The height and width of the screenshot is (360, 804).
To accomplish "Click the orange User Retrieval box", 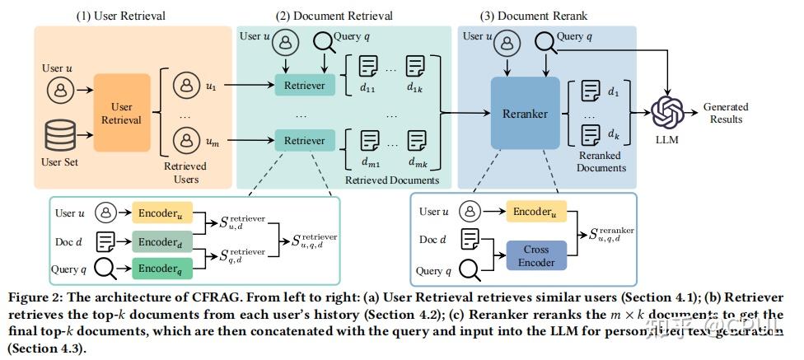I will click(122, 112).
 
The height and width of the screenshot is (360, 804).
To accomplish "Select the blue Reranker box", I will click(525, 114).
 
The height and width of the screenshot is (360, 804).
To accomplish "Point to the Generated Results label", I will click(726, 113).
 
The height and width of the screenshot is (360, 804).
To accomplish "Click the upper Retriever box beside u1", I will click(304, 85).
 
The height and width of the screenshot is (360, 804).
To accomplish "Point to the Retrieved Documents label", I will click(392, 180).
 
